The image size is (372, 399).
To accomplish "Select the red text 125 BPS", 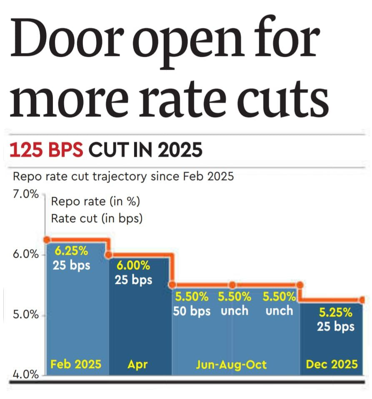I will point(46,151).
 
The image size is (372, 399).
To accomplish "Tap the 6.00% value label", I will point(133,266).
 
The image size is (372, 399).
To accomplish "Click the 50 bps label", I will point(192,311).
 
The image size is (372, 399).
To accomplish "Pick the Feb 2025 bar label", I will point(76,364).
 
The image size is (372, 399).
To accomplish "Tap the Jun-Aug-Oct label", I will point(232,365).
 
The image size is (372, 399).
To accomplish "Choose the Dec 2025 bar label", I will point(332,364).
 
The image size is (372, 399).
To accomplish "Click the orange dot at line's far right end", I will point(362,300).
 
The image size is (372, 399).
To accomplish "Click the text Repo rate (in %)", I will point(95,202).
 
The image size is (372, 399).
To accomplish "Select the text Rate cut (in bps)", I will point(97,218).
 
